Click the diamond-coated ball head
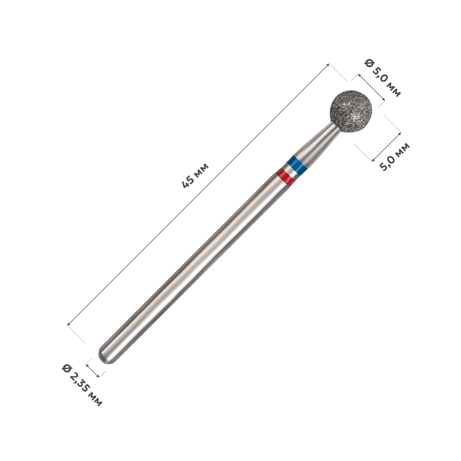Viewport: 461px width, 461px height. tap(351, 111)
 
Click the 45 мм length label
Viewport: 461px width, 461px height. tap(196, 176)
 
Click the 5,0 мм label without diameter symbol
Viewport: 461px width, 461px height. tap(395, 157)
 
